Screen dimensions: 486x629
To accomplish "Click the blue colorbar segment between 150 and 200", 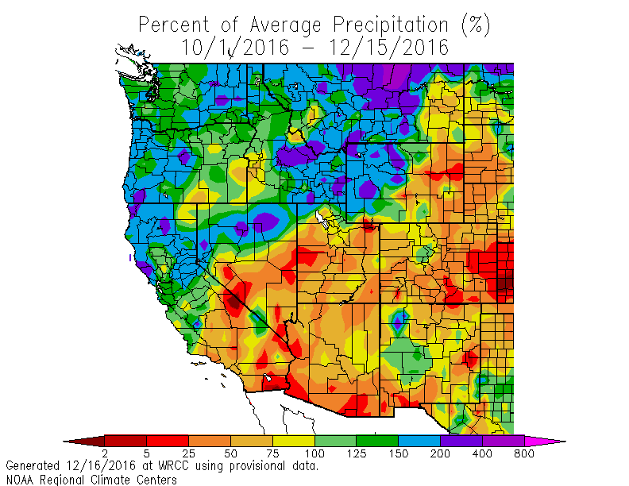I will point(419,440).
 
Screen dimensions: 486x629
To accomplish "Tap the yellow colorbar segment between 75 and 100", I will point(293,440).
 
